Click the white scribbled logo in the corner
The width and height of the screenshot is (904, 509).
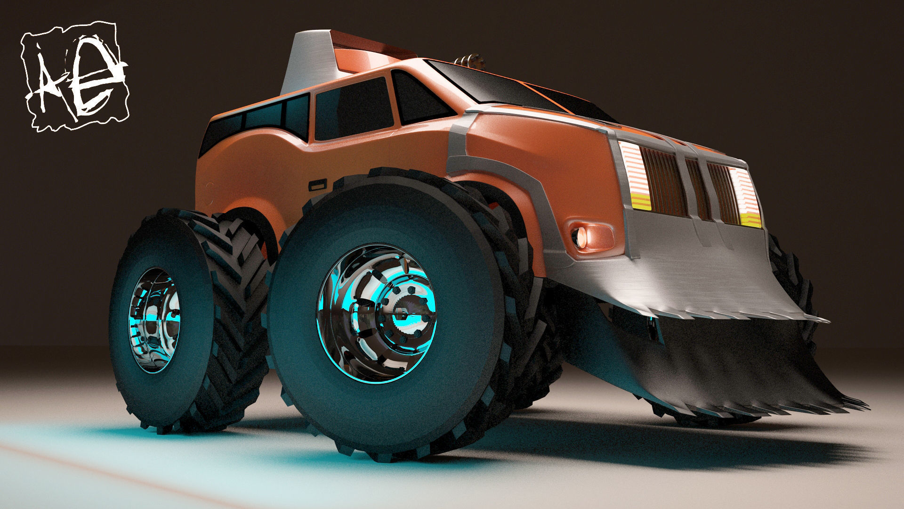tap(75, 75)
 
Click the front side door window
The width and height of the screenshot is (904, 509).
tap(353, 111)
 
